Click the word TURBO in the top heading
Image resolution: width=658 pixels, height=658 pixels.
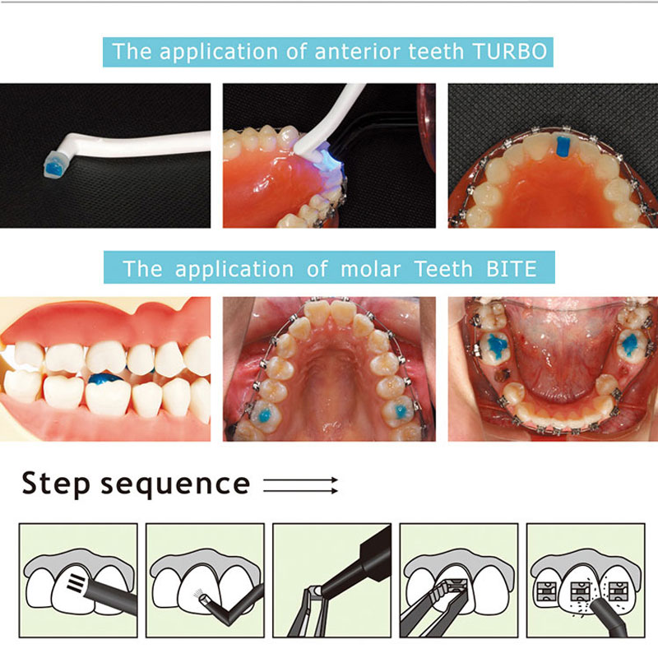(509, 53)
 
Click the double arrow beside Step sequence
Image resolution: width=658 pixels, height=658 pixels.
(301, 484)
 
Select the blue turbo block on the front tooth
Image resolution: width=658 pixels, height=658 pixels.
(563, 146)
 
